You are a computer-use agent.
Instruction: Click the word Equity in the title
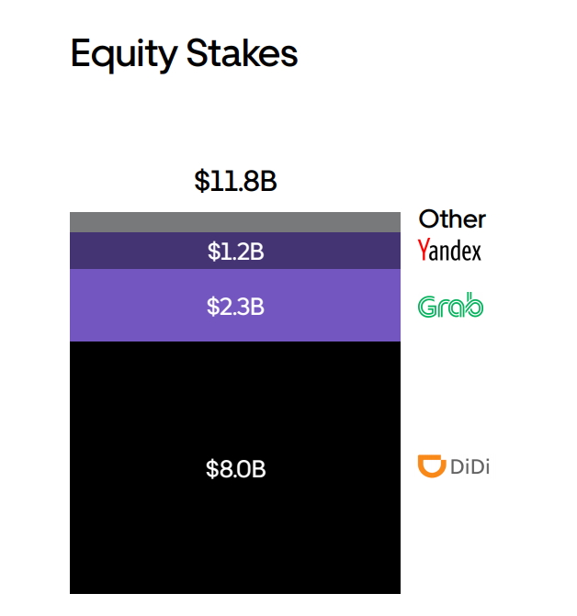124,54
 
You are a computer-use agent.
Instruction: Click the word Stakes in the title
242,53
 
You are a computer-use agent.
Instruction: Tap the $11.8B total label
235,181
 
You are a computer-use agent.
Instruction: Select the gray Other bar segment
235,222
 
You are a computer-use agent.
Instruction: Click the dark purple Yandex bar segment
235,251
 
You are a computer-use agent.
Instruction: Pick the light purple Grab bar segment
235,306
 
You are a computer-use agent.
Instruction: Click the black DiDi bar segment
235,467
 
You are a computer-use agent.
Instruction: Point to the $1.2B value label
235,252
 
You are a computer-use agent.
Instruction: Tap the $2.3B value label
235,307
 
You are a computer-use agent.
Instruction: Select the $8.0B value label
235,469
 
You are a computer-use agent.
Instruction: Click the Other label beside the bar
452,218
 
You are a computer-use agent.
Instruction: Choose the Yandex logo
449,250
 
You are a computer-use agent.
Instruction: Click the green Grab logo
450,305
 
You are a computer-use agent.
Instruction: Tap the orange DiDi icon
432,466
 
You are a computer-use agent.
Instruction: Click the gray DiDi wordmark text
470,466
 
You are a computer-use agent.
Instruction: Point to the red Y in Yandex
423,249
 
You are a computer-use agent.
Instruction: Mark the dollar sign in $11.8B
201,181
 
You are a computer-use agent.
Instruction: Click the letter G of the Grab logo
427,307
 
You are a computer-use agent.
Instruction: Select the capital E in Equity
81,53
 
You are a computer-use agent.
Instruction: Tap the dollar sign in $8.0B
212,469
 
